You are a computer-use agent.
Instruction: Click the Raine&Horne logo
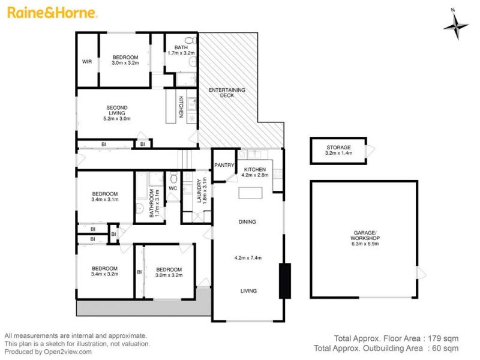pos(52,13)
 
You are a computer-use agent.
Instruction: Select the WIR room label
pos(87,62)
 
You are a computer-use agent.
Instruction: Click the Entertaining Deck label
pos(227,92)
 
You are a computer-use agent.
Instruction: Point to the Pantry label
pos(224,165)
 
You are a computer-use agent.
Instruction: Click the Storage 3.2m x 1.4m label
pos(338,150)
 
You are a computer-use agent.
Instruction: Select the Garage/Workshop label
pos(365,238)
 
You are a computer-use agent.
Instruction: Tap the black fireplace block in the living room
pos(284,280)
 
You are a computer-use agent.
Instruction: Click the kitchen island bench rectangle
pos(250,193)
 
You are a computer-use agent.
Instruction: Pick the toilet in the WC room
pos(173,177)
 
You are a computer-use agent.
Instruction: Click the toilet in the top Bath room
pos(191,40)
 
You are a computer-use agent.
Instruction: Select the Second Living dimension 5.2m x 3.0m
pos(117,118)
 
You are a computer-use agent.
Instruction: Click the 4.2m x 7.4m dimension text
pos(248,258)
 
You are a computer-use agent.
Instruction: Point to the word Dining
pos(247,221)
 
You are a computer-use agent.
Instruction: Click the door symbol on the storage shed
pos(370,151)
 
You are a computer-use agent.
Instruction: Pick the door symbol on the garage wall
pos(422,272)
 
